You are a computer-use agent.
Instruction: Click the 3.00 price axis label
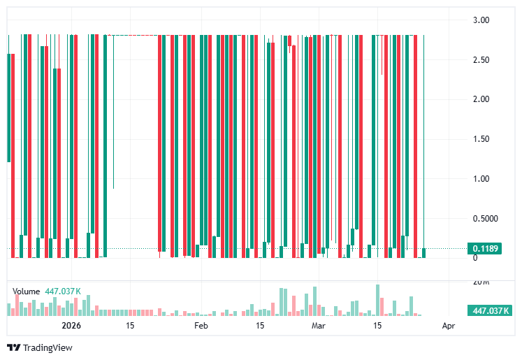click(x=480, y=20)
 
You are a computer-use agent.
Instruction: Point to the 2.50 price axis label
click(x=480, y=59)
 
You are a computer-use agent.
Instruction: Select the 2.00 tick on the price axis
click(x=480, y=99)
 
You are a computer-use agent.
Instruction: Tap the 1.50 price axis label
click(x=480, y=139)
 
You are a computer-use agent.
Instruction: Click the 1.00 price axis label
click(x=480, y=179)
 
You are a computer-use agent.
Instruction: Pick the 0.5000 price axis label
click(x=476, y=219)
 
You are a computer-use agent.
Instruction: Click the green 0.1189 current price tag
click(x=484, y=248)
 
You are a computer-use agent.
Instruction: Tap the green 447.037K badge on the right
click(x=491, y=311)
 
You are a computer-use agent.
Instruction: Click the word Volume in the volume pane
click(x=27, y=291)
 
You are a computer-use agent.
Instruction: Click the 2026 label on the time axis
click(x=72, y=326)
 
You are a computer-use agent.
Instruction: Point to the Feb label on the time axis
click(x=201, y=326)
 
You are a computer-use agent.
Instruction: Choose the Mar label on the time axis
click(x=319, y=326)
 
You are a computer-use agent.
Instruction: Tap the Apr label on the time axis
click(x=448, y=326)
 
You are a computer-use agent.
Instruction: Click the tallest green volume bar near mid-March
click(x=377, y=301)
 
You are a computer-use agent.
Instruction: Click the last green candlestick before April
click(x=424, y=252)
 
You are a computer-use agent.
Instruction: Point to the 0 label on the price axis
click(x=474, y=258)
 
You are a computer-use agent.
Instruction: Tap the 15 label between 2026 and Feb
click(x=130, y=326)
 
